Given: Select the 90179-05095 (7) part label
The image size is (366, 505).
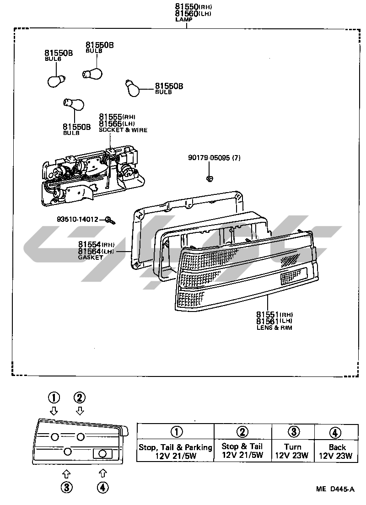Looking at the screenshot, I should [214, 158].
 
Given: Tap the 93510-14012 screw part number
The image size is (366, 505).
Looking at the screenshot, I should [78, 219].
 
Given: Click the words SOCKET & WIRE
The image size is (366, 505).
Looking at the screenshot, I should [123, 130].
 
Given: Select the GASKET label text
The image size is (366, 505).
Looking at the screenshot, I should [91, 258].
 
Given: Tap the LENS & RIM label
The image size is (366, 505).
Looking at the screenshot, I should [274, 328].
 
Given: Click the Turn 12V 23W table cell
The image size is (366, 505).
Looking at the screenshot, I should [292, 451].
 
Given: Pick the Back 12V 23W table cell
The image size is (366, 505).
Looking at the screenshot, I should [336, 451].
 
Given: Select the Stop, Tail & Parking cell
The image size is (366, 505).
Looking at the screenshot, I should [176, 451].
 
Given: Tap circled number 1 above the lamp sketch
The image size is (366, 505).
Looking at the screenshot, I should [54, 397].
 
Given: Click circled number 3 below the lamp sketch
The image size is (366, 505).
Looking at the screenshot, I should [67, 488].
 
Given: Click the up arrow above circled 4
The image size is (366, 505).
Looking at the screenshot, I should [103, 473].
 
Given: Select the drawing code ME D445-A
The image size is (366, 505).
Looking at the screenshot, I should [335, 489].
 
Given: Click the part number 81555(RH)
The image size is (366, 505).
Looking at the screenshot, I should [117, 117].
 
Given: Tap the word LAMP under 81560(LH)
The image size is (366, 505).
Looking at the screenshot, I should [184, 19].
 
